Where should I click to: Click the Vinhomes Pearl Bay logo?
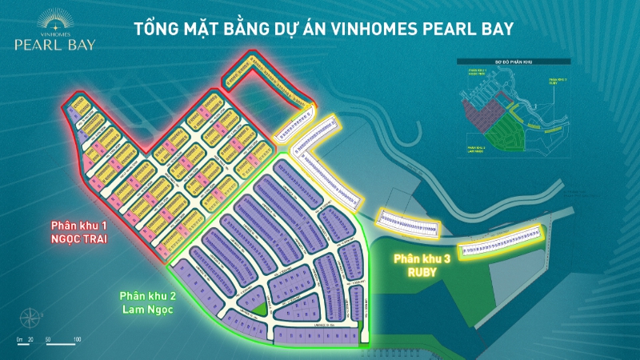coord(54,32)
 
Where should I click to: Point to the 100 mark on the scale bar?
coord(77,341)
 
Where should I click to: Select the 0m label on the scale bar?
coord(20,341)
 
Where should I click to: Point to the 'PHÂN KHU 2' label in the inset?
coord(477,149)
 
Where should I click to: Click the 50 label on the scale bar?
coord(49,341)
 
